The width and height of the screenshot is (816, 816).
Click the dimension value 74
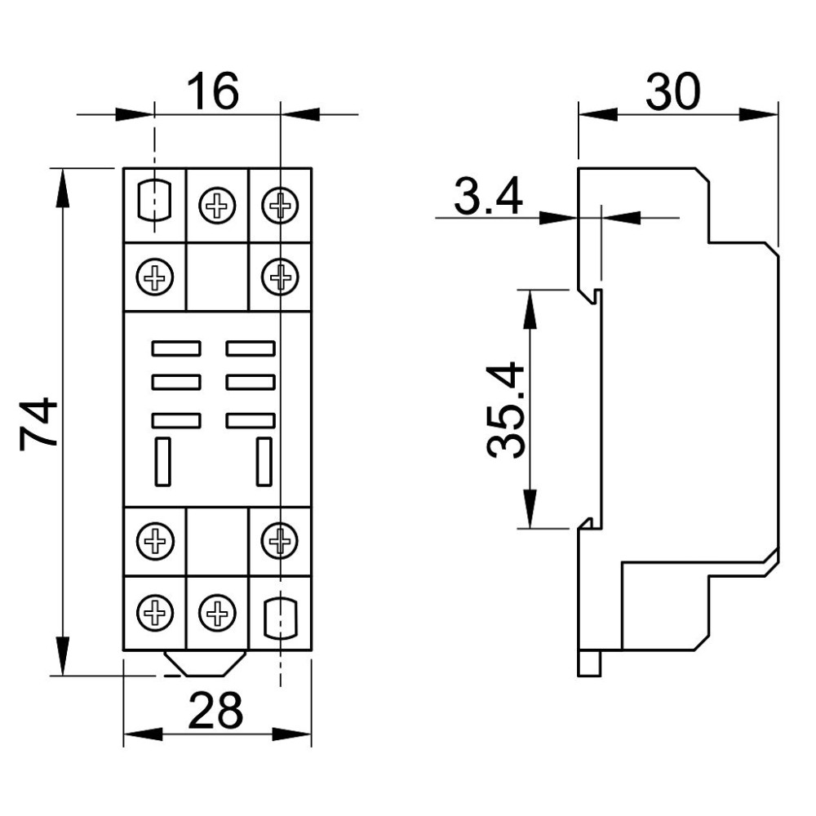point(38,423)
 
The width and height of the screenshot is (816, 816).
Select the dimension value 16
point(213,91)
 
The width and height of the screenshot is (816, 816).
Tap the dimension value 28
point(215,710)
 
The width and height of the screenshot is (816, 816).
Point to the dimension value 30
point(673,91)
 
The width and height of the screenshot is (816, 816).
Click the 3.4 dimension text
point(488,196)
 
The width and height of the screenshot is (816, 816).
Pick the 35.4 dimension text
point(505,410)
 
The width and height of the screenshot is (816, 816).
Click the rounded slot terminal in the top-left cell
point(154,201)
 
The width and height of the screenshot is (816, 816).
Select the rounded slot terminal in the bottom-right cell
point(281,618)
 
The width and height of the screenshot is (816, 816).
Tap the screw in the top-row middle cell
point(217,206)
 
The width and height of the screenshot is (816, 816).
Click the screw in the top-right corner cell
point(280,205)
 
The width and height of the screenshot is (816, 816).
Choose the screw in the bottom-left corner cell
point(154,613)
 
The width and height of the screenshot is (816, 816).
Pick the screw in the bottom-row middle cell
point(217,613)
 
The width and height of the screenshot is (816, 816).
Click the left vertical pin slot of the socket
point(163,462)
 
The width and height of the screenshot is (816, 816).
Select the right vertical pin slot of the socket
point(264,462)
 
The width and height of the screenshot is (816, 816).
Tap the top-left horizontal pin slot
point(176,348)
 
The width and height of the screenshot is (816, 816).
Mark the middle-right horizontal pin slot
point(251,383)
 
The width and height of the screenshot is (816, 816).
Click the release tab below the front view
point(205,663)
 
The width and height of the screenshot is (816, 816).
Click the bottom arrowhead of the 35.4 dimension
point(530,508)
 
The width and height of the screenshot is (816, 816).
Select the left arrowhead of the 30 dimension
point(598,114)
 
